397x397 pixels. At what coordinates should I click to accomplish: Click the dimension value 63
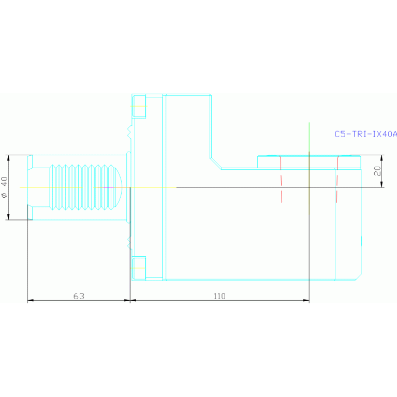(x=79, y=296)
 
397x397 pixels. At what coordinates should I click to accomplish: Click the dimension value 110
(x=219, y=296)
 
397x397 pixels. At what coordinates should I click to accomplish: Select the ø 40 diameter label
(x=5, y=187)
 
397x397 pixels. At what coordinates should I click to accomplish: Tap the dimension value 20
(x=378, y=170)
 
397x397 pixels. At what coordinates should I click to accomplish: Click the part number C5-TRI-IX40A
(x=365, y=134)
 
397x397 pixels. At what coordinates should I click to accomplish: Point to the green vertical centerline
(x=309, y=140)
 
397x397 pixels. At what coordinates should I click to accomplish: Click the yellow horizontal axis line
(x=78, y=187)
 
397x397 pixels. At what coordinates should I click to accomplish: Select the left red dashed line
(x=281, y=179)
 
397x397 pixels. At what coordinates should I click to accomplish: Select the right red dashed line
(x=336, y=179)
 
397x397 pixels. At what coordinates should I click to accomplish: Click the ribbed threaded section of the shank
(x=83, y=187)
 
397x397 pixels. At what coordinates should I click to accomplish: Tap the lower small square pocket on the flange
(x=139, y=268)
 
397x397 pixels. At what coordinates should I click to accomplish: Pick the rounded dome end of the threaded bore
(x=119, y=187)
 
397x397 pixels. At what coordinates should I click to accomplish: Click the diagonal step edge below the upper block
(x=216, y=163)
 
